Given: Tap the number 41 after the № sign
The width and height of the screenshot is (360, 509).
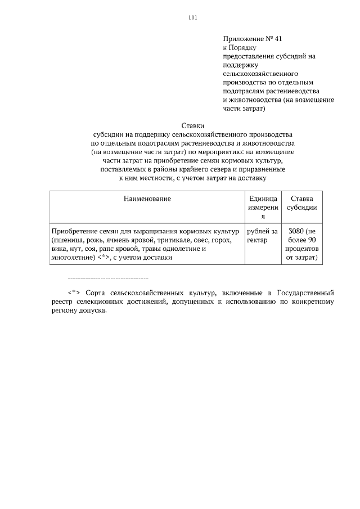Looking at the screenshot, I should (x=280, y=39).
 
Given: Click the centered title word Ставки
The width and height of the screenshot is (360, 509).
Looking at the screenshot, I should (x=192, y=125).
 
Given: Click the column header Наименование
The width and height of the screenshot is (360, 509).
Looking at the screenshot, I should (x=147, y=199).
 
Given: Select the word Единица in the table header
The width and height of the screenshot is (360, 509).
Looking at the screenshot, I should (x=263, y=199).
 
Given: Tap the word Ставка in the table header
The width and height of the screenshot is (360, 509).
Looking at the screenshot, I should (x=301, y=199).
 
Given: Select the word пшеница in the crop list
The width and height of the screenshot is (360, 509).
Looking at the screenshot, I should (x=69, y=240).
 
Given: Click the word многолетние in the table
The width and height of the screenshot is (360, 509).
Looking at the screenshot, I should (x=71, y=258).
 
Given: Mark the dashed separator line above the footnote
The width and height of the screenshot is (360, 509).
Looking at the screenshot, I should (x=107, y=278).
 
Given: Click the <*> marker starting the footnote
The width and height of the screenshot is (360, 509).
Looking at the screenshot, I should (x=75, y=293).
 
